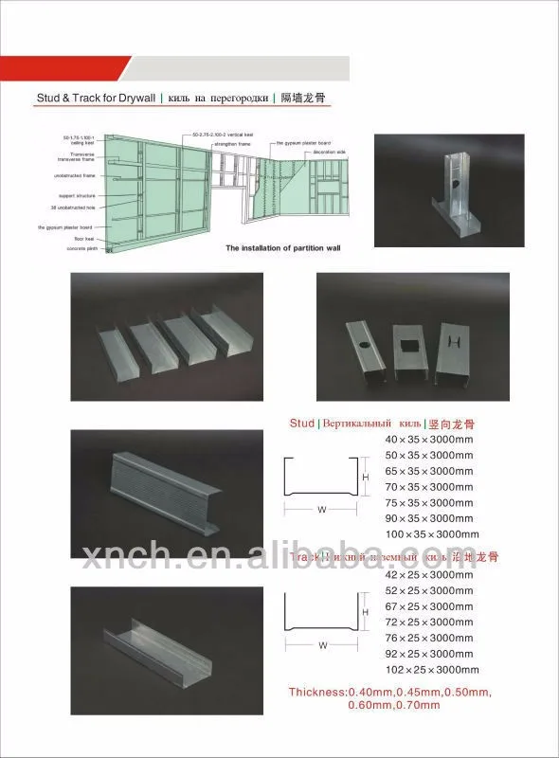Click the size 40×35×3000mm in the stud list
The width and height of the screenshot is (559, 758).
coord(428,440)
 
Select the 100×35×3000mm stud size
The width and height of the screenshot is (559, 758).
coord(431,535)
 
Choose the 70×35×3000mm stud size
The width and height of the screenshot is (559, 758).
coord(428,487)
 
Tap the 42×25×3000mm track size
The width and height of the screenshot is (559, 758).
coord(428,574)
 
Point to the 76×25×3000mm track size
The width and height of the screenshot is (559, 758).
coord(428,639)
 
